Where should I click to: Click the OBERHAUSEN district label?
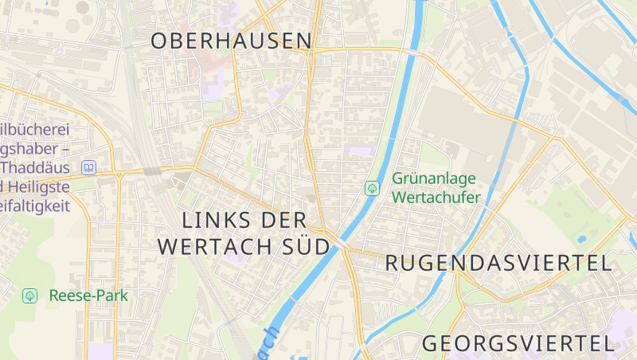pos(232,41)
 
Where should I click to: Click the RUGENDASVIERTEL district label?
pos(498,264)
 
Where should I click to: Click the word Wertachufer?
pos(436,198)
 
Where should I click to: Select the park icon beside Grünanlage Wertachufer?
pos(371,189)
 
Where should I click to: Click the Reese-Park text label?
pos(88,295)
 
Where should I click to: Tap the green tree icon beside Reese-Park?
pos(30,295)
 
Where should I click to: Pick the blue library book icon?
pos(88,168)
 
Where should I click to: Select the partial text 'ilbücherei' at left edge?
pos(35,130)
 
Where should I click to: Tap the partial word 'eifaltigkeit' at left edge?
pos(35,206)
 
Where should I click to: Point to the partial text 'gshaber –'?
pos(35,149)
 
